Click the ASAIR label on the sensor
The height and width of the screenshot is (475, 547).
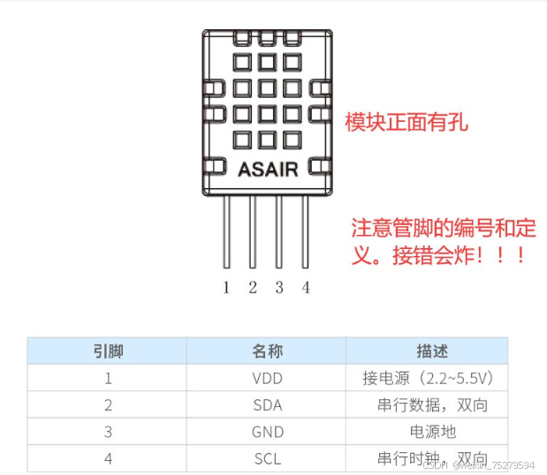pos(268,169)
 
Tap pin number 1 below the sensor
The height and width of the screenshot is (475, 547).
pos(226,287)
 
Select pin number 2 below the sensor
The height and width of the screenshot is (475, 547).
pos(253,287)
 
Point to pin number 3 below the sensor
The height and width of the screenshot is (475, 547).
pos(279,287)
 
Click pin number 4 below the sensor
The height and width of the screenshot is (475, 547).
pos(306,287)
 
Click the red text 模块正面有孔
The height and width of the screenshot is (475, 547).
pos(406,122)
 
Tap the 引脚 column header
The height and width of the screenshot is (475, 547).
pos(108,351)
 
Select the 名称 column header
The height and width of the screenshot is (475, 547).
pos(268,351)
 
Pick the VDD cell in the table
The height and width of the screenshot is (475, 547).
pos(268,378)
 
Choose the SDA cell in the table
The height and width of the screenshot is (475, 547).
pos(268,405)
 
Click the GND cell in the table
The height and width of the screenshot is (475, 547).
pos(268,432)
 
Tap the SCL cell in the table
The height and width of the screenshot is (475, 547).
pos(268,459)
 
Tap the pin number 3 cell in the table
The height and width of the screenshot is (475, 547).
pos(108,432)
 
